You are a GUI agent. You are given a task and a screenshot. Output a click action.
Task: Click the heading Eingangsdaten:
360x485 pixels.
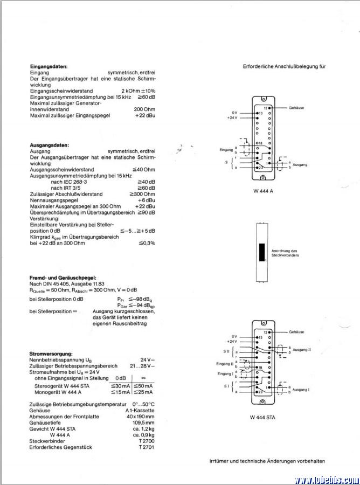pyautogui.click(x=49, y=66)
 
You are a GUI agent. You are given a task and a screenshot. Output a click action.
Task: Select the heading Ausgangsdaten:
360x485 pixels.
pyautogui.click(x=49, y=145)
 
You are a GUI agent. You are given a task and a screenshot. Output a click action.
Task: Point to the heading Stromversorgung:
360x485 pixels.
pyautogui.click(x=51, y=354)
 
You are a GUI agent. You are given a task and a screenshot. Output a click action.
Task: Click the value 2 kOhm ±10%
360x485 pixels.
pyautogui.click(x=138, y=91)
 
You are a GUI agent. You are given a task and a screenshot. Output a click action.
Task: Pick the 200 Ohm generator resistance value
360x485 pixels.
pyautogui.click(x=144, y=109)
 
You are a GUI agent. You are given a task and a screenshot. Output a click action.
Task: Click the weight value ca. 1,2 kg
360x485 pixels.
pyautogui.click(x=143, y=429)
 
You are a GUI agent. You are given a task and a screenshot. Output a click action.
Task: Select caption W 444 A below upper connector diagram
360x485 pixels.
pyautogui.click(x=262, y=191)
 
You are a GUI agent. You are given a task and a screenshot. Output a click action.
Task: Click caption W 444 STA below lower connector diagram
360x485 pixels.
pyautogui.click(x=262, y=417)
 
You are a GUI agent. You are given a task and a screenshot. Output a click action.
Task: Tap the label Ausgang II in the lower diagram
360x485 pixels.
pyautogui.click(x=302, y=350)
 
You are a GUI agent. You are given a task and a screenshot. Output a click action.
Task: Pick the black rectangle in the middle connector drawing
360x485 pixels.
pyautogui.click(x=262, y=252)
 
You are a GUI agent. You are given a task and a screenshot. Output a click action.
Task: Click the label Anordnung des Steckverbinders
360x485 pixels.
pyautogui.click(x=286, y=253)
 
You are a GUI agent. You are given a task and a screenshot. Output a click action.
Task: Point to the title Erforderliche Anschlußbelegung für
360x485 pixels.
pyautogui.click(x=285, y=66)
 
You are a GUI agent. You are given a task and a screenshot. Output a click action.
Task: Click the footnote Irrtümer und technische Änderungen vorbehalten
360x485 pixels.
pyautogui.click(x=267, y=461)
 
